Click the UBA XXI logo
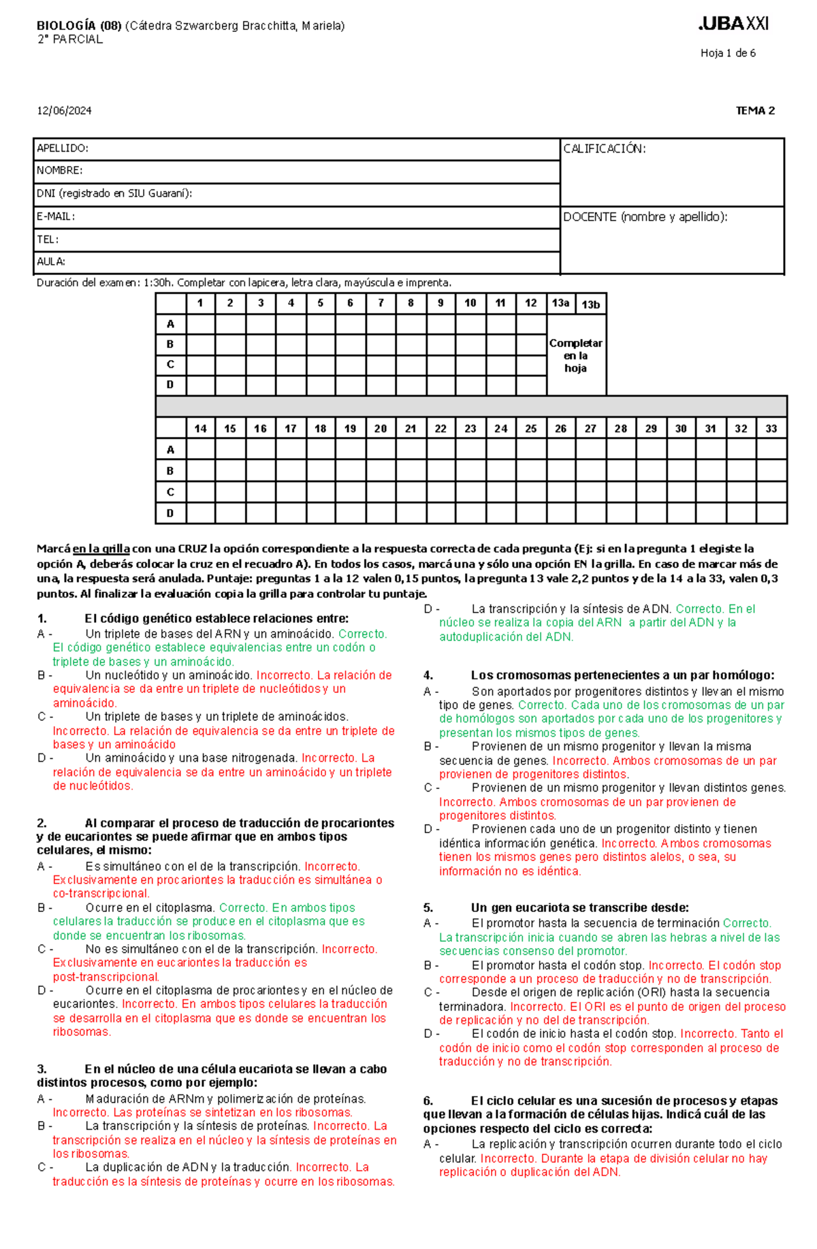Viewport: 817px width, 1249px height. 733,24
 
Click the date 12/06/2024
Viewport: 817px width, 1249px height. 64,111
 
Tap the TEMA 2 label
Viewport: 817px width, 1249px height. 754,111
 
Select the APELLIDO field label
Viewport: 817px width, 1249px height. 62,148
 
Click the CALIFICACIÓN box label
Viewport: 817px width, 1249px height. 604,148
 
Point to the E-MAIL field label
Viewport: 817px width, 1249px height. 56,216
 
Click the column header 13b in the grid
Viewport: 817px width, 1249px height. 590,304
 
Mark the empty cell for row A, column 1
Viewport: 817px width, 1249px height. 200,324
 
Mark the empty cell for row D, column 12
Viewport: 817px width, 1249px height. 531,385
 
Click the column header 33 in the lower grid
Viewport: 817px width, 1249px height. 771,429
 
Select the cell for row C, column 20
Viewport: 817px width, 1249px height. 381,492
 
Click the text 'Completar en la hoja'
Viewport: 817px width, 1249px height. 575,355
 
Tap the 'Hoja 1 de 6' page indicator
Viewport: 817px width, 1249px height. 727,53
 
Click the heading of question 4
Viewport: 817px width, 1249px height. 622,675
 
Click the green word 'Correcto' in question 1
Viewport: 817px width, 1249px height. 362,634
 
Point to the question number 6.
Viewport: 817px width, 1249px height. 428,1101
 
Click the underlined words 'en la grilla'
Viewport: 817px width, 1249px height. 101,549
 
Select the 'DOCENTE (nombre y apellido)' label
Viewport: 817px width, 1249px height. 645,216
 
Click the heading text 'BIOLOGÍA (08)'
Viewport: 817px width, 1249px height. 78,26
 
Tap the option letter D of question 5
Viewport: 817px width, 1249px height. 428,1034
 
